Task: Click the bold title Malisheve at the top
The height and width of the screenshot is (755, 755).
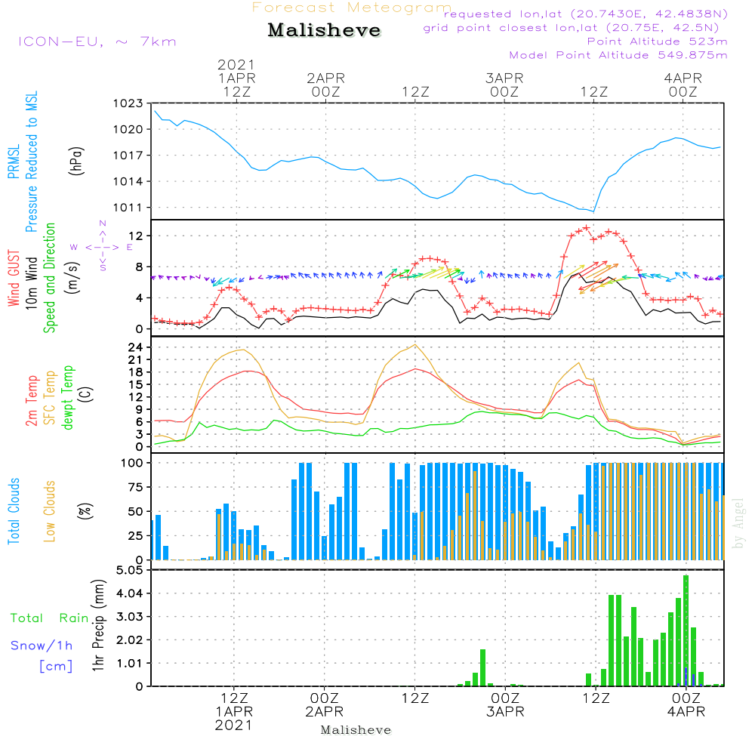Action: point(325,30)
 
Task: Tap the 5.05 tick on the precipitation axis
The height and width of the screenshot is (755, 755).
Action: point(129,571)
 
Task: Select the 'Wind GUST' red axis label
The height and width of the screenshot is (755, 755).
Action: point(14,279)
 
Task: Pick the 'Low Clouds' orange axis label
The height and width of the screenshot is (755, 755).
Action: point(50,511)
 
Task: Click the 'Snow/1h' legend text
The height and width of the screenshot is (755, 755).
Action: point(42,646)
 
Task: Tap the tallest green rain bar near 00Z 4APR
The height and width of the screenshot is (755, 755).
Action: point(686,630)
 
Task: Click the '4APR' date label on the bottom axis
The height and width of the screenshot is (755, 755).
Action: point(685,712)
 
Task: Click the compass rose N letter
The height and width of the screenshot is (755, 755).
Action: point(103,223)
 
